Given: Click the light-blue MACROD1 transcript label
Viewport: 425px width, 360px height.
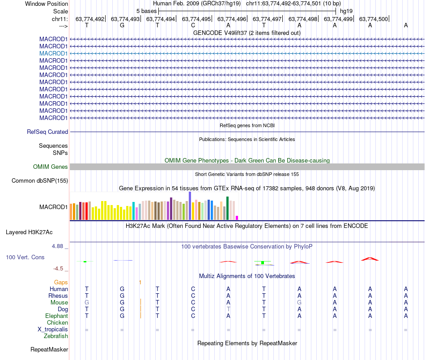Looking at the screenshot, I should pos(53,53).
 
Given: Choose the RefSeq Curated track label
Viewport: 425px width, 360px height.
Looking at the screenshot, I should pos(47,132).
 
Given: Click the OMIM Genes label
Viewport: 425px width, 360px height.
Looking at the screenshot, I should pos(51,167).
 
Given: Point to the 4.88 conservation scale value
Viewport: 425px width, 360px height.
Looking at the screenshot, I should pos(60,246).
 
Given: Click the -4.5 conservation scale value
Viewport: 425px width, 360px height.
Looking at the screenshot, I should pos(59,269).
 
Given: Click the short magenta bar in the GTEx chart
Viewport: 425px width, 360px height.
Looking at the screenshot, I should pos(237,218).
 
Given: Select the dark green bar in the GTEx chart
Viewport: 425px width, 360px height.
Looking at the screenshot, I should pos(227,208).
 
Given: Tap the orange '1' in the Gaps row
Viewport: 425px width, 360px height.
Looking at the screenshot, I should pos(140,283).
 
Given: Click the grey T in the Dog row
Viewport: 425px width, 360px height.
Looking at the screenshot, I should pos(228,309).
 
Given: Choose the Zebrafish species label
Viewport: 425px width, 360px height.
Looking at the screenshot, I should pos(56,336).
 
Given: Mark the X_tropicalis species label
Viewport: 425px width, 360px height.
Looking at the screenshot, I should pos(53,330).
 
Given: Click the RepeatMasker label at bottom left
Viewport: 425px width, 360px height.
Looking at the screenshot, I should pos(49,349).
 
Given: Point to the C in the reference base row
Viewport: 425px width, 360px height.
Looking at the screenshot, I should pos(193,26).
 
